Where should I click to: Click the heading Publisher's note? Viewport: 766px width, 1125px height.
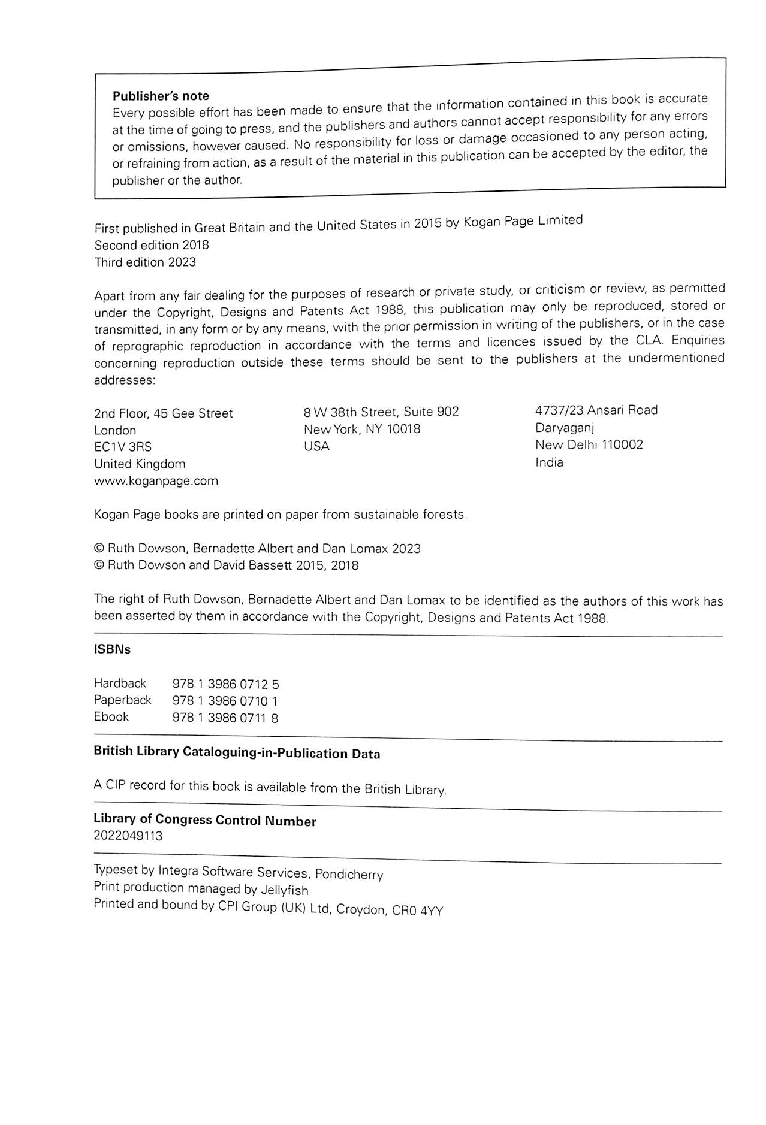(161, 96)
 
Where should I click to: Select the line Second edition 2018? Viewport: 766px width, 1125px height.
(152, 245)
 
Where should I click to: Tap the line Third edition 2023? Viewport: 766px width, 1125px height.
(145, 262)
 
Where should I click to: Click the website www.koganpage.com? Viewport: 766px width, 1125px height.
(156, 481)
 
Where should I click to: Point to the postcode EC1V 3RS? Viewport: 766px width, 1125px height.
(123, 447)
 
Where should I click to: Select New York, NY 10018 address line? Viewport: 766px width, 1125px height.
(362, 430)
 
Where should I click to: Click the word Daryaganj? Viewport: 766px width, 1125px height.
(565, 428)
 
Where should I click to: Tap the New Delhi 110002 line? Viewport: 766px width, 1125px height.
(589, 445)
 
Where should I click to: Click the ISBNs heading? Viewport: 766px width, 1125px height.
(112, 650)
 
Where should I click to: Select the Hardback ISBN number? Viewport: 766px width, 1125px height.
(225, 684)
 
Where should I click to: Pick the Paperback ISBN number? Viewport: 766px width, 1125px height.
(225, 701)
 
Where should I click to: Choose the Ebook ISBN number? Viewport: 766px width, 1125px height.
(225, 718)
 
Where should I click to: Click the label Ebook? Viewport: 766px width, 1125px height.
(111, 717)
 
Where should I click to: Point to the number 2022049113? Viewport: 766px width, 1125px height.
(128, 836)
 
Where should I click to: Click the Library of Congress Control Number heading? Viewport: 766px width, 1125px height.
(205, 820)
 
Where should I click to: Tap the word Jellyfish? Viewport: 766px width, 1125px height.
(285, 891)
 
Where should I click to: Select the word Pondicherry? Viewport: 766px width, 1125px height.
(349, 875)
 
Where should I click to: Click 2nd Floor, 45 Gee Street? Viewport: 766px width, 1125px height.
(164, 413)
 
